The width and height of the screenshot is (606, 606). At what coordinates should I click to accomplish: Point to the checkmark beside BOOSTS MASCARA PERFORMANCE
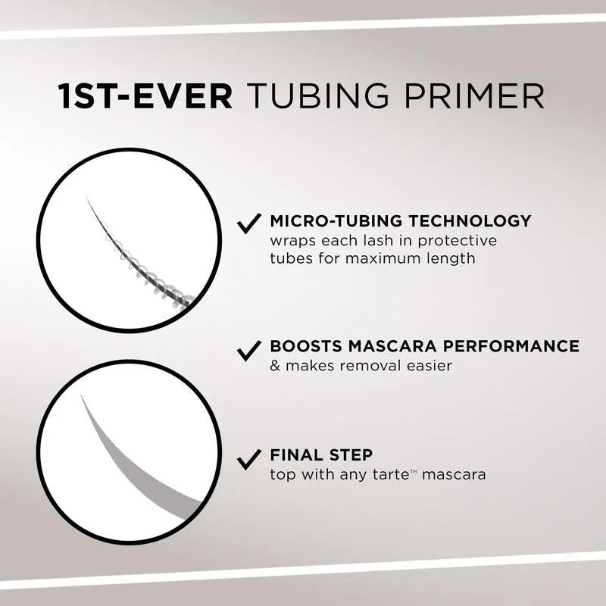pos(249,349)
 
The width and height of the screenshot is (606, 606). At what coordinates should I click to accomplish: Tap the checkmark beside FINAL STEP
pos(249,458)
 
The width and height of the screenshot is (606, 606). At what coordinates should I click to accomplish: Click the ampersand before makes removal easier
pos(275,367)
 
